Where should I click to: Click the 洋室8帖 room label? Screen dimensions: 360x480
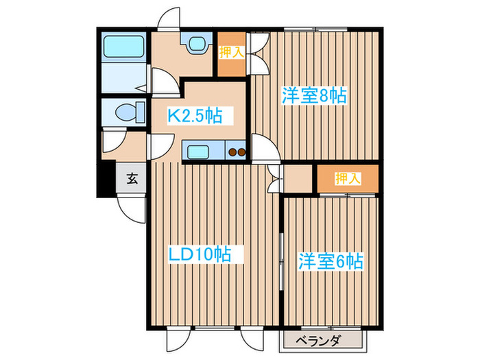(x=313, y=96)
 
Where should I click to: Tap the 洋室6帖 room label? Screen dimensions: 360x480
(x=330, y=261)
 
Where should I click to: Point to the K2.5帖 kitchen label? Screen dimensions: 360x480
(x=195, y=115)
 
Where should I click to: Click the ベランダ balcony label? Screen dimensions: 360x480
(x=319, y=340)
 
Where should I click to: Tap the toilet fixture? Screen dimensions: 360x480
(x=128, y=111)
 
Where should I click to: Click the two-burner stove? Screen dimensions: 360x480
(x=237, y=152)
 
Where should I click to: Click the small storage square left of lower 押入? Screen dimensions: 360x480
(x=298, y=178)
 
